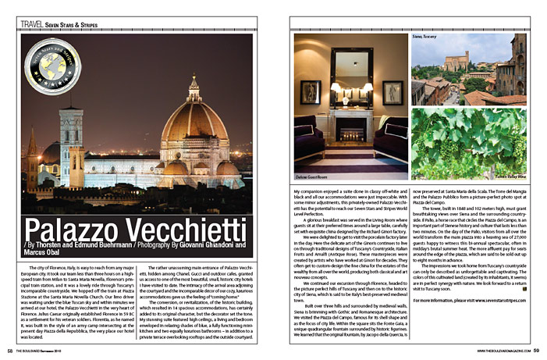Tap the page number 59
coord(536,351)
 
